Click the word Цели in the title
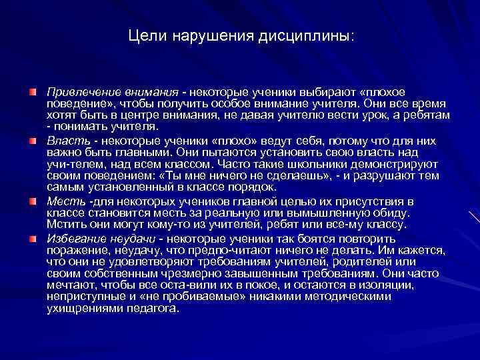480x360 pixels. click(145, 34)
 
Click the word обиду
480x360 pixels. click(393, 212)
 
